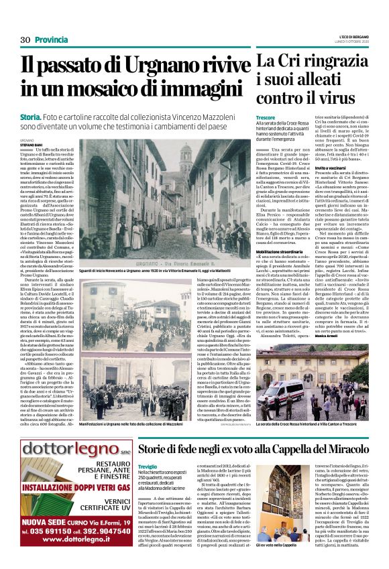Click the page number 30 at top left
25,40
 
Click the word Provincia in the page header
52,40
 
